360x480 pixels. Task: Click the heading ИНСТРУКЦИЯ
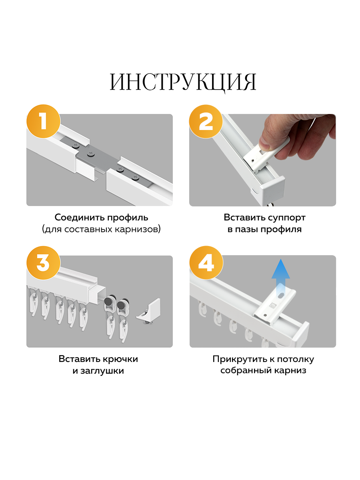point(183,82)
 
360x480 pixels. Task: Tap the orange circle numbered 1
point(43,121)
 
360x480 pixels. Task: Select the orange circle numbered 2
point(206,121)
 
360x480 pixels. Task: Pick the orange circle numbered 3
point(43,263)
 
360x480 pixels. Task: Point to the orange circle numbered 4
point(206,263)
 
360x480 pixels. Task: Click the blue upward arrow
point(281,278)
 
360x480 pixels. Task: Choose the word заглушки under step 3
point(102,371)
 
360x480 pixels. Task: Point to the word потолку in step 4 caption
point(295,359)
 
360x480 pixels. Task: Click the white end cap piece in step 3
point(148,311)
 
